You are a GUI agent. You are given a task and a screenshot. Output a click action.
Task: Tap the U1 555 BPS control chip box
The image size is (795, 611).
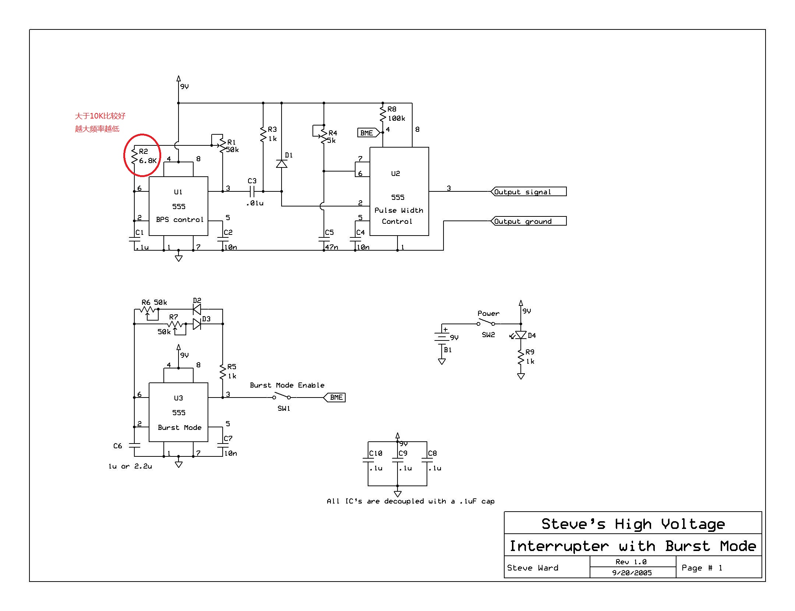(x=178, y=206)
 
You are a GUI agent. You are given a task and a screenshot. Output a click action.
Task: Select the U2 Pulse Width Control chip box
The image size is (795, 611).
(x=399, y=191)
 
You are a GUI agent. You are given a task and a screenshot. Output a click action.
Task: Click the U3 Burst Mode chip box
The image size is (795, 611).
(x=178, y=412)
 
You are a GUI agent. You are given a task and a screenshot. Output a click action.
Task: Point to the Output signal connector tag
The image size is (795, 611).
(x=529, y=192)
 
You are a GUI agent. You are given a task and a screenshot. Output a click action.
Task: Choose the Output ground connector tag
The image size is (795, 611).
(x=529, y=221)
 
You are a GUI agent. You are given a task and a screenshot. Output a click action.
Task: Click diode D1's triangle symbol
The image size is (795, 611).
(x=282, y=164)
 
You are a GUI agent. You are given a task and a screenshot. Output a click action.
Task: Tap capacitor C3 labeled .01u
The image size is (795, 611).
(x=252, y=191)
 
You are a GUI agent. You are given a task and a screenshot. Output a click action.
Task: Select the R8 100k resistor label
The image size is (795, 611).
(x=396, y=114)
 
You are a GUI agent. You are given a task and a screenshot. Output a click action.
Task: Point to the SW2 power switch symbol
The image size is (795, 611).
(x=486, y=323)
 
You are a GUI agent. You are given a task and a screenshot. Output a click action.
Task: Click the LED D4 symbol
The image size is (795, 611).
(x=520, y=335)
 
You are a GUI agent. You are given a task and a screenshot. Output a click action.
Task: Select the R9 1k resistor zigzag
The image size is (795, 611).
(x=520, y=357)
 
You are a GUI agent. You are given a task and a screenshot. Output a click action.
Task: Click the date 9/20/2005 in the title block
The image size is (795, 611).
(x=632, y=573)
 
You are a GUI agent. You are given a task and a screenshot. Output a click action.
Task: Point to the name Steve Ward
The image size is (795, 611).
(x=533, y=568)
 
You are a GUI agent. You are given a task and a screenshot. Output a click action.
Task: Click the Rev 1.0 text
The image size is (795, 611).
(x=631, y=562)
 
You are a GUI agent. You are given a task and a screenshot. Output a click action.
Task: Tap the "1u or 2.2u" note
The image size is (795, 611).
(x=130, y=466)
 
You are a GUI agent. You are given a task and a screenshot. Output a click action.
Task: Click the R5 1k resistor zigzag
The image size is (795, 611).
(x=223, y=372)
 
